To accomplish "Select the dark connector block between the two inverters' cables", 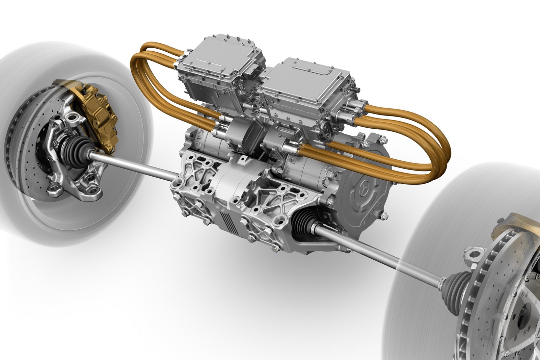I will coord(254,131).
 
